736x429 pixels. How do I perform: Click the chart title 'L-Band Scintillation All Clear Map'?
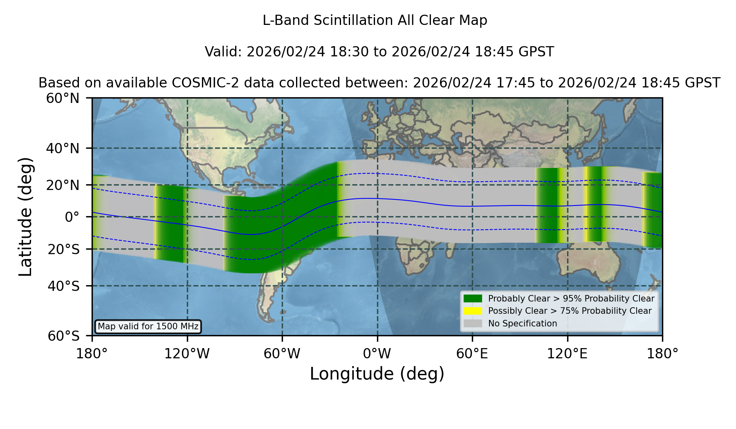pos(375,20)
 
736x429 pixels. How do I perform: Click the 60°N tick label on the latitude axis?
pos(63,98)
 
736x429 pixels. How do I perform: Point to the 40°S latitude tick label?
pos(63,286)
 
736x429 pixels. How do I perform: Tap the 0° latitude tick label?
pos(72,217)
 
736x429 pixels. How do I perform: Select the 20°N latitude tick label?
pos(63,185)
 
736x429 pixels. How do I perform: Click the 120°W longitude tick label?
pos(187,353)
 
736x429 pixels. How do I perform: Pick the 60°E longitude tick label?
pos(472,353)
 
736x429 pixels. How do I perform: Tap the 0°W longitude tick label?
pos(377,353)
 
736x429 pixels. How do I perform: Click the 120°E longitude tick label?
pos(567,353)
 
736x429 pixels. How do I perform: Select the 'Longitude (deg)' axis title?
pos(377,374)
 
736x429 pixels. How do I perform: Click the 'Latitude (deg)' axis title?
pos(25,217)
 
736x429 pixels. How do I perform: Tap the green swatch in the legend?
pos(473,298)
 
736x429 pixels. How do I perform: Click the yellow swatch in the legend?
pos(473,311)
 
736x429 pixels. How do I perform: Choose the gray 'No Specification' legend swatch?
pos(473,324)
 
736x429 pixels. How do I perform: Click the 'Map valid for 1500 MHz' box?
pos(148,326)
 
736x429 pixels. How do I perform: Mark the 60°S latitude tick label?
pos(63,336)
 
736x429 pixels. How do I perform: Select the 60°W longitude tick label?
pos(282,353)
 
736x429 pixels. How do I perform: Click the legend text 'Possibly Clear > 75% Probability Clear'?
pos(570,311)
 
